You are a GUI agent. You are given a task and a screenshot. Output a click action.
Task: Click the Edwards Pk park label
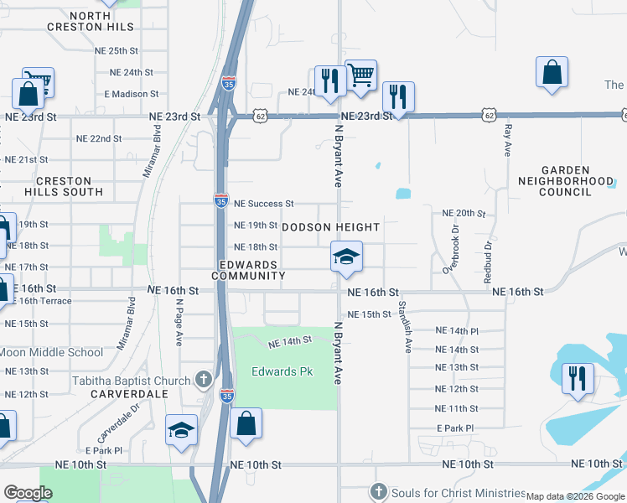282,371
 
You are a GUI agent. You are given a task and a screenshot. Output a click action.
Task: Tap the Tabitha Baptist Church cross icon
203,381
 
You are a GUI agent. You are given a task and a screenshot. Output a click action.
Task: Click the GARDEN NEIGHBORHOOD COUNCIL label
566,180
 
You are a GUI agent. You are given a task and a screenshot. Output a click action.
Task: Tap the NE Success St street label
263,204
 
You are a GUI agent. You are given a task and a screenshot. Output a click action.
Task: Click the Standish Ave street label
404,326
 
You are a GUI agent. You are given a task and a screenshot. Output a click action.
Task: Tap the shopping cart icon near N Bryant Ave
360,75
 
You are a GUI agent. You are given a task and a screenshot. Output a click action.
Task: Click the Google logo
28,493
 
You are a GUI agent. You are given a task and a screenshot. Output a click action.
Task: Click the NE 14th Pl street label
457,332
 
